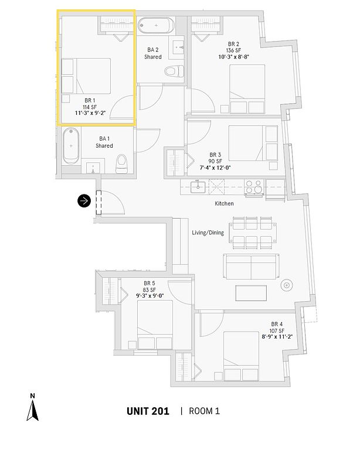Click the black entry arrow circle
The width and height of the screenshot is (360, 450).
[84, 201]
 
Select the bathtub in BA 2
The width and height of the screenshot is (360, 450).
[156, 26]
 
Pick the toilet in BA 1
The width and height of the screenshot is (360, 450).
[122, 163]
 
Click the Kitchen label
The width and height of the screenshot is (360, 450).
[224, 203]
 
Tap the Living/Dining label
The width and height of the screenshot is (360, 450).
[208, 233]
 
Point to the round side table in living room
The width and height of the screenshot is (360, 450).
[287, 286]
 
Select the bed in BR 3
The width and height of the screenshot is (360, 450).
[252, 147]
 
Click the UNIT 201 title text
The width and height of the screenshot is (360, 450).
[148, 411]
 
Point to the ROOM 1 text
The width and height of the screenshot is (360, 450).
[205, 411]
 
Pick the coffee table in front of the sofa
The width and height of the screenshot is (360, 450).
[252, 291]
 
